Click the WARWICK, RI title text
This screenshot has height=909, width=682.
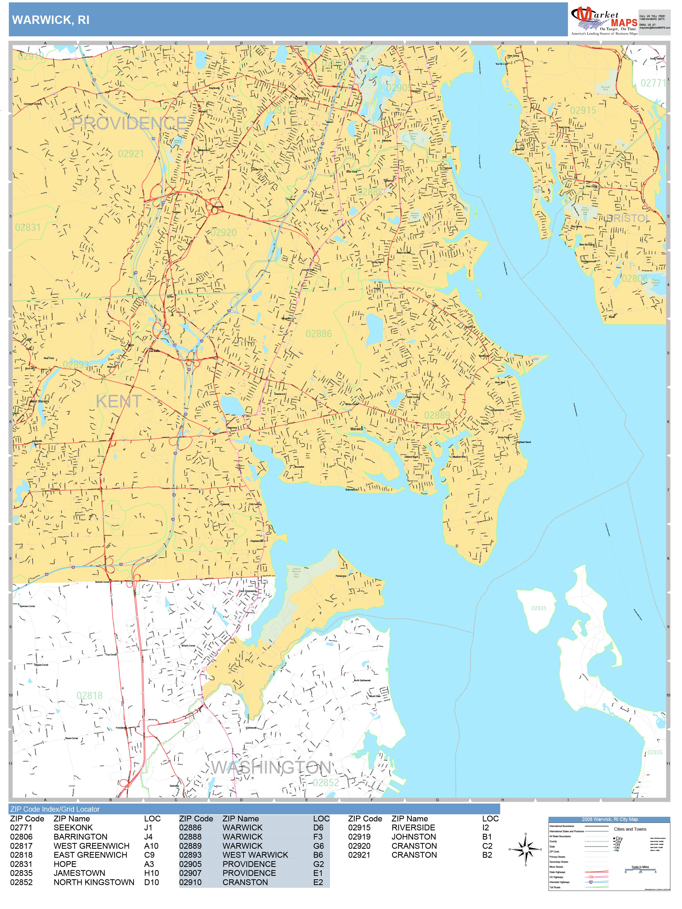point(51,20)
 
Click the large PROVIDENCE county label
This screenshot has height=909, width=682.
point(129,123)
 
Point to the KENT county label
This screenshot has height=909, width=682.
point(119,401)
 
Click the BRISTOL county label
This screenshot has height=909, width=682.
point(629,218)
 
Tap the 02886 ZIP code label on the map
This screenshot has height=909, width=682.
point(319,334)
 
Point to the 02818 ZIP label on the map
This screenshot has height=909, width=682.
point(90,695)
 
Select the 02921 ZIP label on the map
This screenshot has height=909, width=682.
point(131,154)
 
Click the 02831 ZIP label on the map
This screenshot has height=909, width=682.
point(28,227)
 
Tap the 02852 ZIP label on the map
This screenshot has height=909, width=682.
point(326,782)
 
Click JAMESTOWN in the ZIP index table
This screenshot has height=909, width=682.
point(79,873)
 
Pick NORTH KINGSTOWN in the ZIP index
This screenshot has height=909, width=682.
point(94,882)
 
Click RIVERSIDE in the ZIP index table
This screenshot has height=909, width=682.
point(413,828)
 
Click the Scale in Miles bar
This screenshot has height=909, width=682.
point(640,870)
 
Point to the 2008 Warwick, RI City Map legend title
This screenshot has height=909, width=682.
point(610,819)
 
